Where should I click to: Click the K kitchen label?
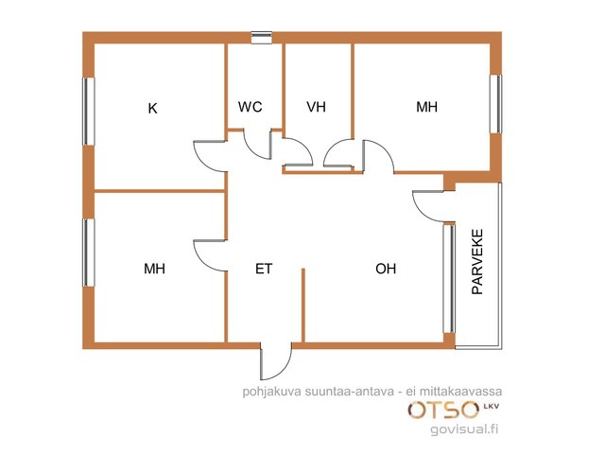click(x=153, y=109)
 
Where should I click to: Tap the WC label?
click(x=250, y=107)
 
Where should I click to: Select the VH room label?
click(x=316, y=107)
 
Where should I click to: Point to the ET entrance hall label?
click(x=264, y=269)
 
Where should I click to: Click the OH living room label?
click(x=386, y=269)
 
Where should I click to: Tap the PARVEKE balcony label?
click(x=477, y=262)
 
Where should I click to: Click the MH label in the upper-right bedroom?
click(x=426, y=107)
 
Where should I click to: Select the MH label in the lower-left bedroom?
click(x=154, y=269)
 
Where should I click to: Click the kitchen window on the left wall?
click(x=89, y=112)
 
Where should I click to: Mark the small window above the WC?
click(x=262, y=38)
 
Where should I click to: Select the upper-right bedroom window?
click(x=495, y=104)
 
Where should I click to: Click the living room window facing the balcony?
click(x=449, y=278)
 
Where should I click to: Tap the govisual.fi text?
click(x=464, y=428)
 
